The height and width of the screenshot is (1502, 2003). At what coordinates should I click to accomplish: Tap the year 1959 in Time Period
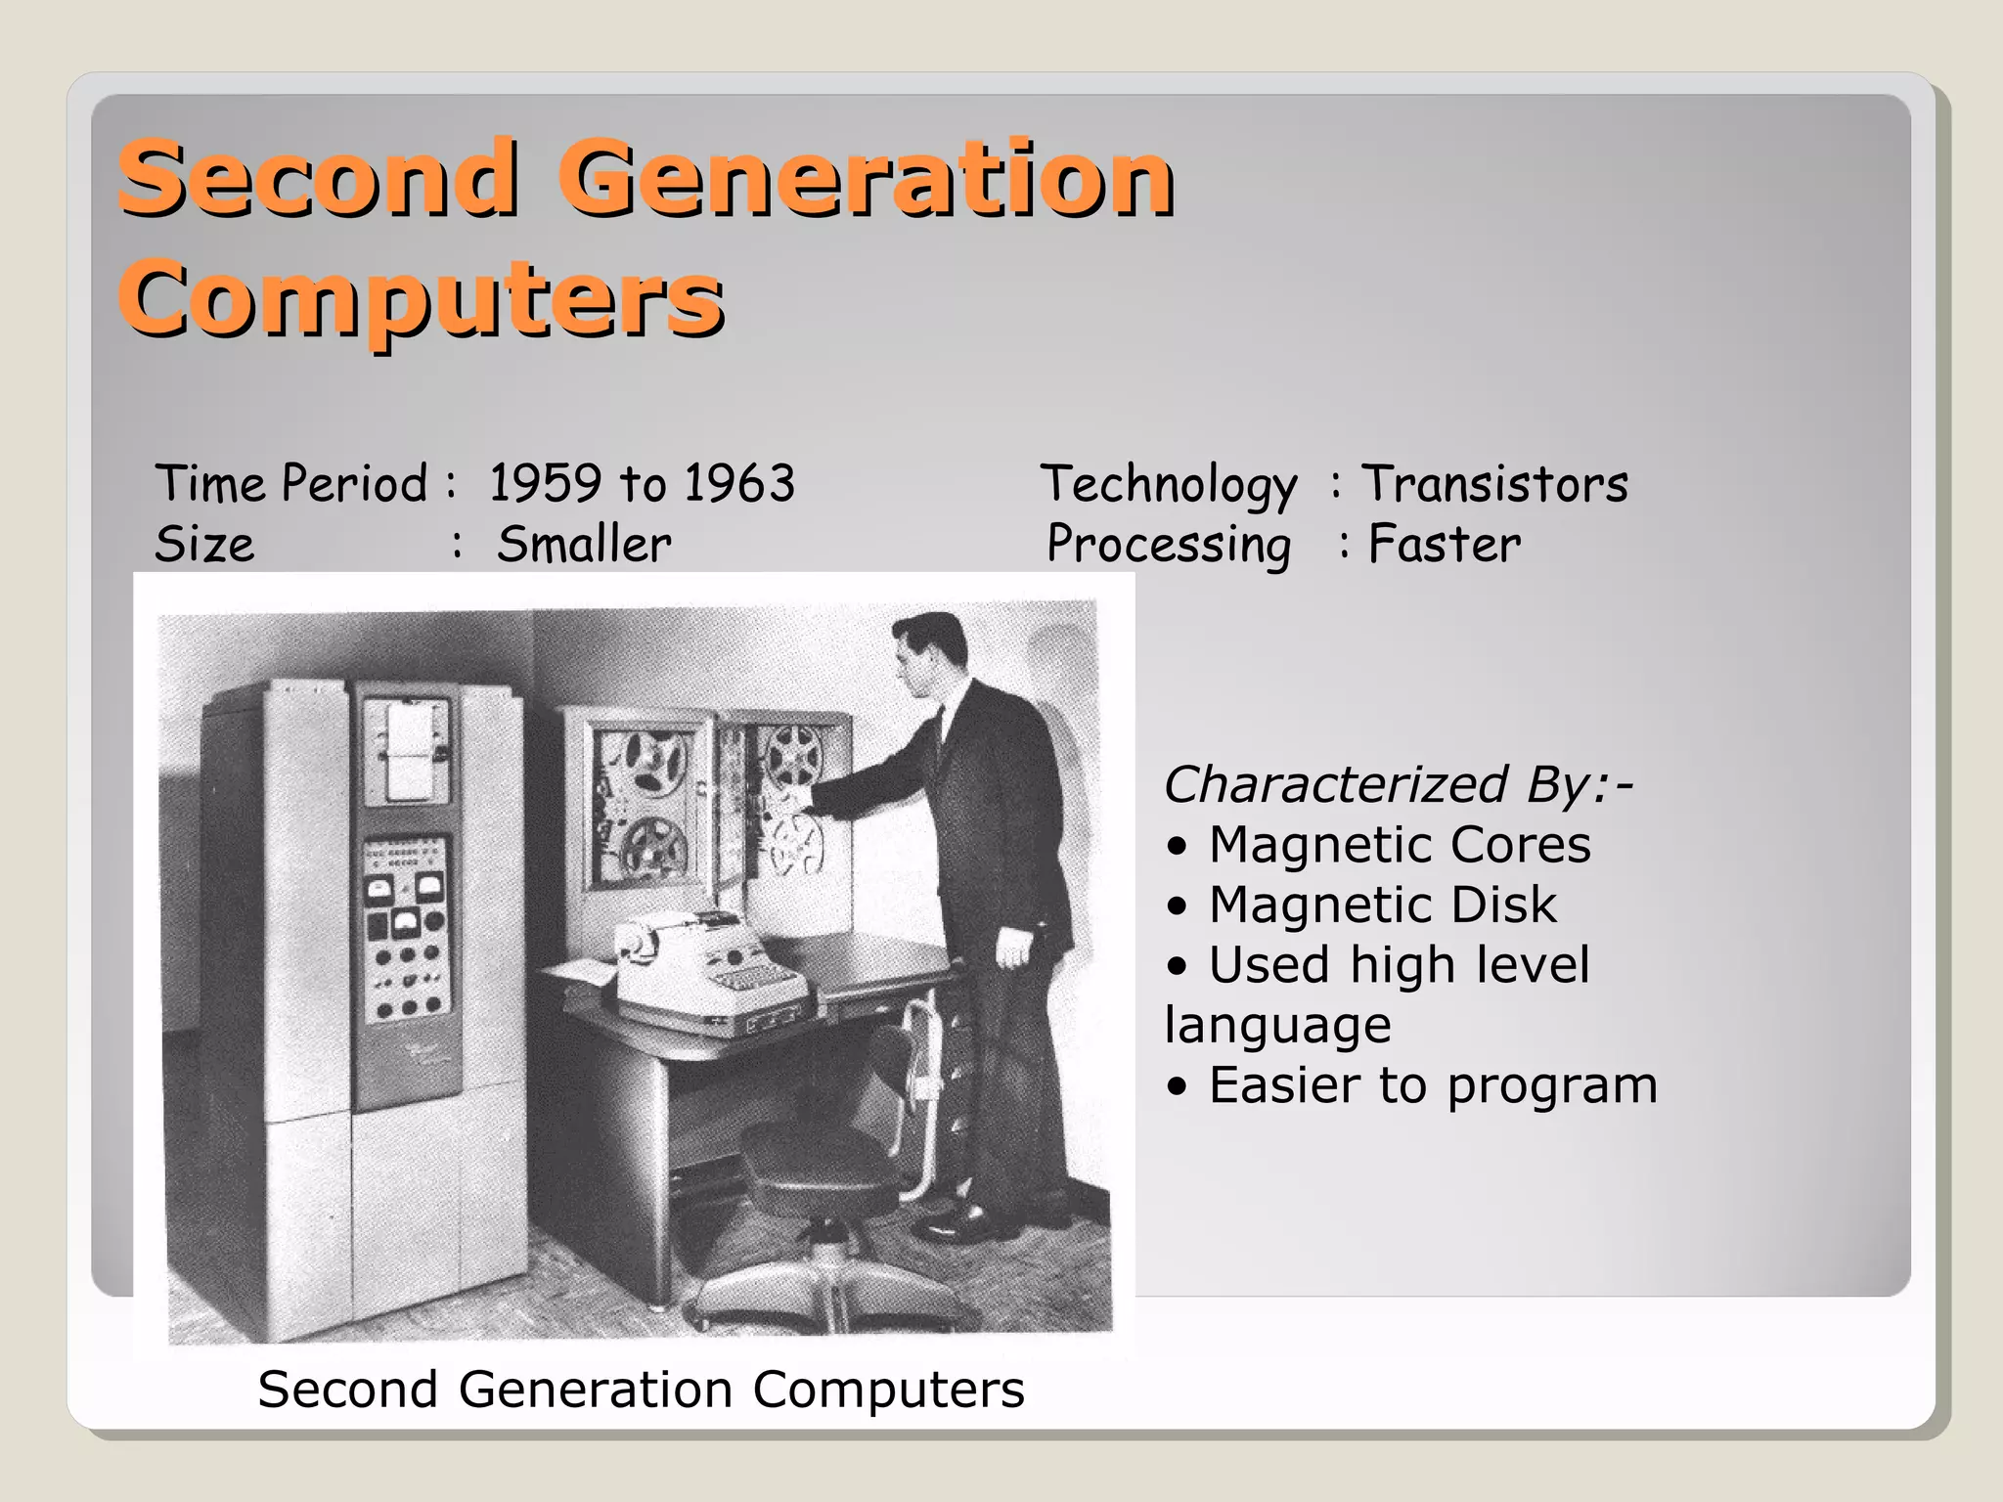tap(545, 483)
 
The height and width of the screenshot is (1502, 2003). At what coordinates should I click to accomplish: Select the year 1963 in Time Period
tap(738, 483)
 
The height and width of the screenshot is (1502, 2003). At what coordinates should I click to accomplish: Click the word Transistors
tap(1495, 483)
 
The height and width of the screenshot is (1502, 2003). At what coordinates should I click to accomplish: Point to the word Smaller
tap(584, 544)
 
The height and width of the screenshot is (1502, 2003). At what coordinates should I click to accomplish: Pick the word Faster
tap(1445, 544)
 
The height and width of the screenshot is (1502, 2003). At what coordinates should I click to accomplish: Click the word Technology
tap(1169, 485)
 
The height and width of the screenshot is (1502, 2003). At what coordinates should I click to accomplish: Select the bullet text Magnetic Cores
tap(1400, 844)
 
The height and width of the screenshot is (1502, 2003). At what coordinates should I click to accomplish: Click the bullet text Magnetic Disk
tap(1382, 905)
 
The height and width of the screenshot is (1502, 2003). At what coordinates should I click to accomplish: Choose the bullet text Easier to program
tap(1433, 1085)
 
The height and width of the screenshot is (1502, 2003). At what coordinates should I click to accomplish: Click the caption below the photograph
tap(641, 1389)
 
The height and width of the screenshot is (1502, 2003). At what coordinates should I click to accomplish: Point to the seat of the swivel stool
tap(817, 1164)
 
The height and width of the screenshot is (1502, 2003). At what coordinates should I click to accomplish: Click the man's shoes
tap(963, 1217)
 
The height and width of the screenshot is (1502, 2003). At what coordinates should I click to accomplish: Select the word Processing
tap(1169, 546)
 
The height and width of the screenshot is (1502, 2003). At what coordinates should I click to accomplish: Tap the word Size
tap(204, 544)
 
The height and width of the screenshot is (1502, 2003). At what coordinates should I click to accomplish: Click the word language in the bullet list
tap(1277, 1025)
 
